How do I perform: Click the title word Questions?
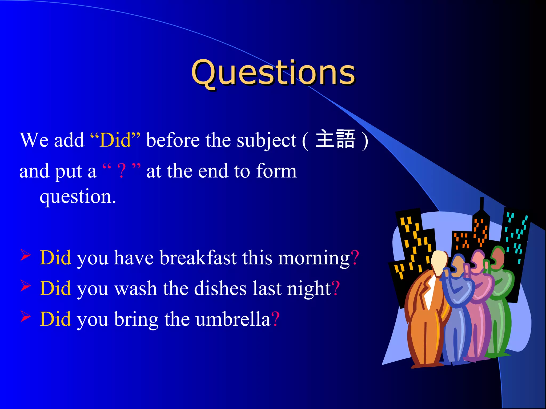[273, 72]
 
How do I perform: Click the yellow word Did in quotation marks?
[115, 140]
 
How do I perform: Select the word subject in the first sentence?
[266, 141]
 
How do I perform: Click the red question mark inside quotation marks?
[121, 171]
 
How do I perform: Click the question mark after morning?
[355, 258]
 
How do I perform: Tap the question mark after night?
[336, 288]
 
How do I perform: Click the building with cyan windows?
[515, 234]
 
